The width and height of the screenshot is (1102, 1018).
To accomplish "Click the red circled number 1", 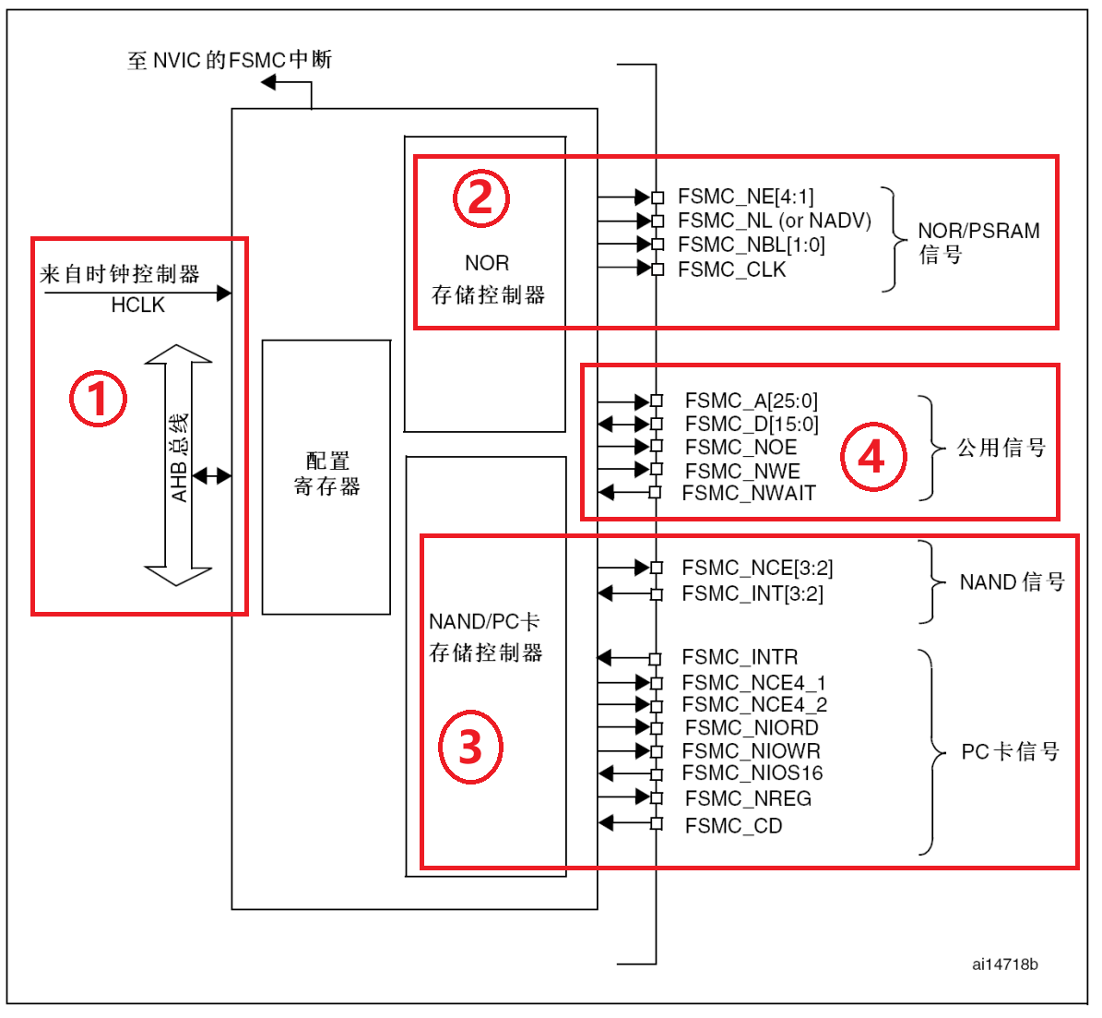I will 98,399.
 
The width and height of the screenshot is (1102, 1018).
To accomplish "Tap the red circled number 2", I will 480,198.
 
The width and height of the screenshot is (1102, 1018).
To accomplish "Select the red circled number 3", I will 470,747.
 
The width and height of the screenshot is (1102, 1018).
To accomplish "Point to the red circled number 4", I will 872,456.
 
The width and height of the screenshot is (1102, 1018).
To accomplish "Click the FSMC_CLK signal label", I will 731,269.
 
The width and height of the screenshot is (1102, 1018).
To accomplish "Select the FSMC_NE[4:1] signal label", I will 745,197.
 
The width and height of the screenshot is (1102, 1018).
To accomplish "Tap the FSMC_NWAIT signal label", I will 748,493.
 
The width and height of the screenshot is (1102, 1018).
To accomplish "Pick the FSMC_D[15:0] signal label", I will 751,424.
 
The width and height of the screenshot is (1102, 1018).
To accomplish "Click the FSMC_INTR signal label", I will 740,657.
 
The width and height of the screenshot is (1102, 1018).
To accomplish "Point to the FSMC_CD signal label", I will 733,826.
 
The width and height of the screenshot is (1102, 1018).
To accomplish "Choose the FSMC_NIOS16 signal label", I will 752,773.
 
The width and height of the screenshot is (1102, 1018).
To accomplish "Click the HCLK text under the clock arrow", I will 137,305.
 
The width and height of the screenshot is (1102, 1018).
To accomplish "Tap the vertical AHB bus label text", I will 179,458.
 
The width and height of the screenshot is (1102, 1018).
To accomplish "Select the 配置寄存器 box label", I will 326,473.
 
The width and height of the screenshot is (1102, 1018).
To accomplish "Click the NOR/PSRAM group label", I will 978,242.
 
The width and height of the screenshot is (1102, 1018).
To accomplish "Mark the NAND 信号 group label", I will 1012,582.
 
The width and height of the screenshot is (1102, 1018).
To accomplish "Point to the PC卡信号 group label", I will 1010,752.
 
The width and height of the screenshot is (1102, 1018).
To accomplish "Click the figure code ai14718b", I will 1004,964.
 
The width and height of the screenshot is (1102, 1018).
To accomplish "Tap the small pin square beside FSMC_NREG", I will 657,797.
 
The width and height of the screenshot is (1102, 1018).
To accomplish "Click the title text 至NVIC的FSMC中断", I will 230,61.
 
